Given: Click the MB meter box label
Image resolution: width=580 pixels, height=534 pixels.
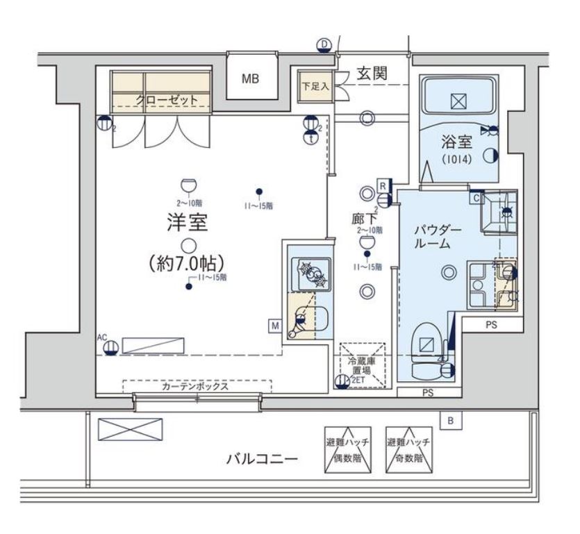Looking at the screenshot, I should point(250,79).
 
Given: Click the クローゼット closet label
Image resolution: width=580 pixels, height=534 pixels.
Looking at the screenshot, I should point(167,101).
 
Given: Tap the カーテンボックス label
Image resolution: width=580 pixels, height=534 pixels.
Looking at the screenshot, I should point(194,387).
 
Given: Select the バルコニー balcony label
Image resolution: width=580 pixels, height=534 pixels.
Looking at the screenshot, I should point(262,459).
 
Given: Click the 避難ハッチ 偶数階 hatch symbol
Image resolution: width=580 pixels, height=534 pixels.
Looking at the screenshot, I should point(348,449).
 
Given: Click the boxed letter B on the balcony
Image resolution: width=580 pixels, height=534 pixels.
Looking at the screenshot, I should point(450,420).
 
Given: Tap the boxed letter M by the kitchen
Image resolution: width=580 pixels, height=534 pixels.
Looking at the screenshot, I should point(276,324).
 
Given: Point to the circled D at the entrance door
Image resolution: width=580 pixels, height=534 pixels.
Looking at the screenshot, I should point(324,45).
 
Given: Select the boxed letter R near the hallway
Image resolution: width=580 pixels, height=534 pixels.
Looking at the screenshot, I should point(382,185).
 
